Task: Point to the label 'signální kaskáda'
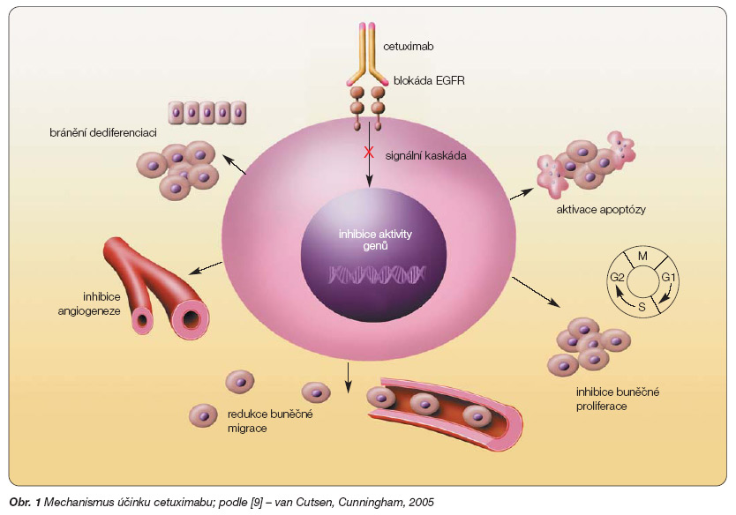pyautogui.click(x=426, y=156)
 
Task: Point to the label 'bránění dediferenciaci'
pyautogui.click(x=90, y=132)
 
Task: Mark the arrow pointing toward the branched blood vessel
pyautogui.click(x=207, y=269)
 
